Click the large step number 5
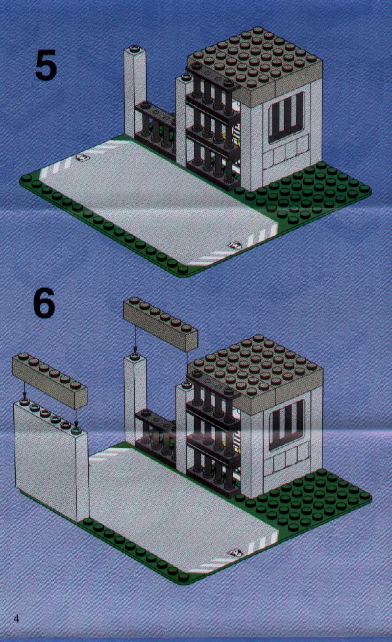(45, 66)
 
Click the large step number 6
(44, 303)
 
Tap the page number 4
(16, 618)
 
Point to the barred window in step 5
(286, 116)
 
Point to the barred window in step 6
(286, 424)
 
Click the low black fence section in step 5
(155, 126)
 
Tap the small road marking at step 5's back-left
(82, 157)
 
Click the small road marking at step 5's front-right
(235, 245)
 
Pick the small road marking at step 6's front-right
(235, 553)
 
